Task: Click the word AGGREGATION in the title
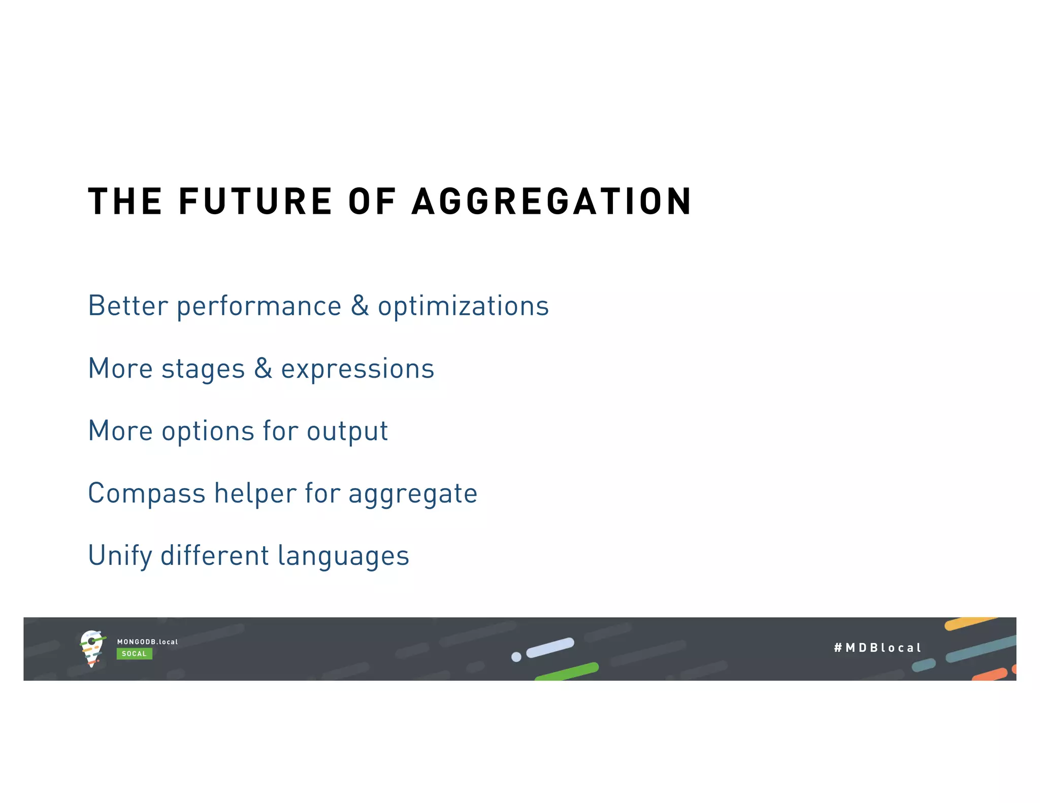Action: point(551,202)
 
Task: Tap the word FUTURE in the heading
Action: point(255,202)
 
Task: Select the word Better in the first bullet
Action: point(128,306)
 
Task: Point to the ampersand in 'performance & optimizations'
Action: point(360,306)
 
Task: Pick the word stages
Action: point(203,370)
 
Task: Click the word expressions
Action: point(357,370)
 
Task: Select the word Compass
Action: point(146,494)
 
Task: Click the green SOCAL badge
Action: point(134,654)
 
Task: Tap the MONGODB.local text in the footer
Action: point(147,642)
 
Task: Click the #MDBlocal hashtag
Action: point(877,648)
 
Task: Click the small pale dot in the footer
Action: point(516,657)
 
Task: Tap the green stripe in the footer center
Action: point(567,672)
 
